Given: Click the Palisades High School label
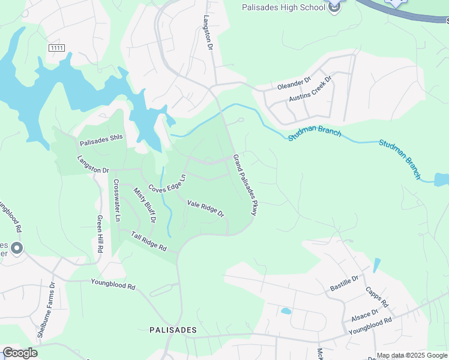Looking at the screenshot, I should pos(283,8).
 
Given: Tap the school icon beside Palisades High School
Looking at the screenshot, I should pos(334,6).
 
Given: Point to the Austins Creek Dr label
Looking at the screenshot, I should pos(310,89).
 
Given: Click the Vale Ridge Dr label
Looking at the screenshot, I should pos(205,209).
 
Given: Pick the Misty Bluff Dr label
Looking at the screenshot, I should pos(145,205).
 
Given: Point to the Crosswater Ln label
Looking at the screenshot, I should pos(116,200).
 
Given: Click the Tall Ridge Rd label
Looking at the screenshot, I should pos(148,241).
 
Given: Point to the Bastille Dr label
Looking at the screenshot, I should pos(344,284).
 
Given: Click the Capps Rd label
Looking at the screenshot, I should pos(377,296).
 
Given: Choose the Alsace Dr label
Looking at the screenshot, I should pos(364,316).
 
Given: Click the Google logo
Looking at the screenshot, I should pos(20,353).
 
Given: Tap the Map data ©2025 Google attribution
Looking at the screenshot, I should pos(412,356).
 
